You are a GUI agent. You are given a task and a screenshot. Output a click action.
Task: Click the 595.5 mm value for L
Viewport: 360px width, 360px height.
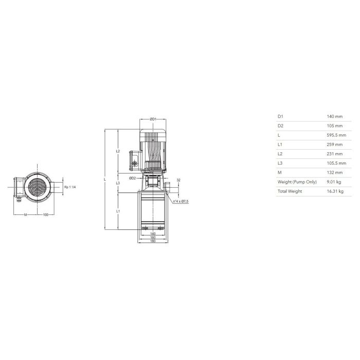[336, 135]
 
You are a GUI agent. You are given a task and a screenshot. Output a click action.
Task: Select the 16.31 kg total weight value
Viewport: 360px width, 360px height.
[335, 191]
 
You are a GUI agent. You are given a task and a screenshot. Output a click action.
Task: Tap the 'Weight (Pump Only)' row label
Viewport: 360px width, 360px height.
[297, 182]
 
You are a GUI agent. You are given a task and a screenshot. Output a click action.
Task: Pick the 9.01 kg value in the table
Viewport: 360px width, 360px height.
[334, 182]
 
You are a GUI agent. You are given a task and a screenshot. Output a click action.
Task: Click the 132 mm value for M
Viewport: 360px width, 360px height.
[335, 173]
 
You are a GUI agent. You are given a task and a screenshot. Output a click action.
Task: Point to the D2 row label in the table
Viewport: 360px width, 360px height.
[280, 126]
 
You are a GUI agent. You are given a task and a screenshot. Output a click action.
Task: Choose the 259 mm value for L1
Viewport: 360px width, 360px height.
[335, 145]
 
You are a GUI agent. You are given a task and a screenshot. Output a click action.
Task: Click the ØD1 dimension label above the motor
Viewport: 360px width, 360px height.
[153, 119]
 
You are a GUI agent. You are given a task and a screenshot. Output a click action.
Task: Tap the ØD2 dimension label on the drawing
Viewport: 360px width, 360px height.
[133, 178]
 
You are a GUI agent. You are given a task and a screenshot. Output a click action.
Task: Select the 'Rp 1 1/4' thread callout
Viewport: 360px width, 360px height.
[70, 187]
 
